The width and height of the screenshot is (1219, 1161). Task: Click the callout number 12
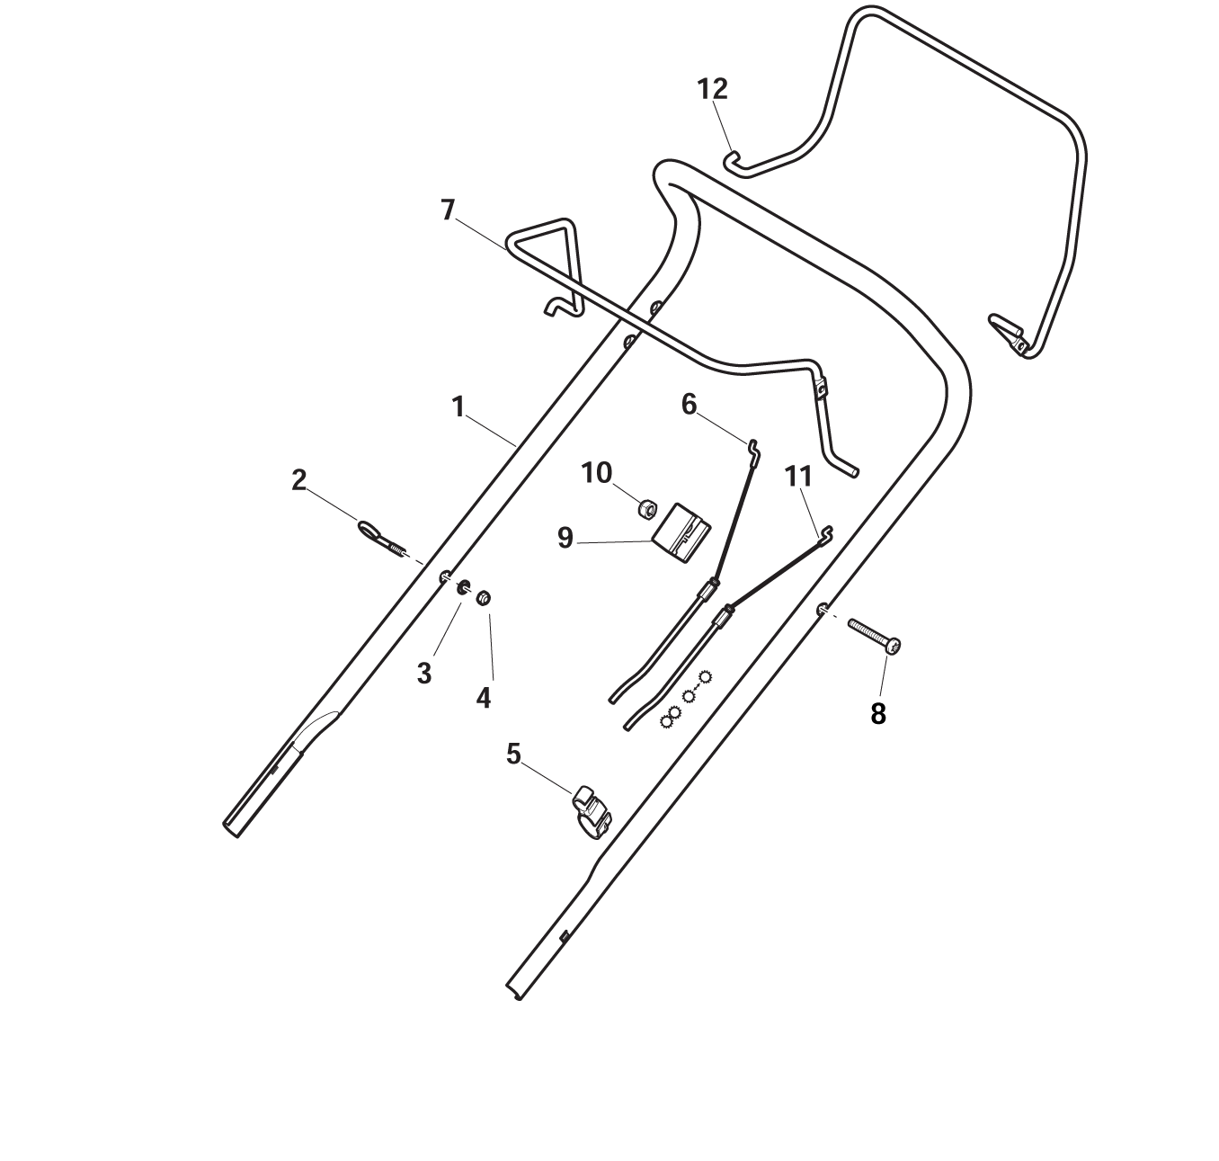pos(712,89)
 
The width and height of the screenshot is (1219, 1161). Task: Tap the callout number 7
pos(448,210)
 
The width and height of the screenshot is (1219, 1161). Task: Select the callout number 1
pos(458,407)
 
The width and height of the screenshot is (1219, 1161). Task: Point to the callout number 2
pos(298,480)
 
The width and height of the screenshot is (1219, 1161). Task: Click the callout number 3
pos(424,674)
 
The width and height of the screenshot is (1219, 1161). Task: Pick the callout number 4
pos(484,698)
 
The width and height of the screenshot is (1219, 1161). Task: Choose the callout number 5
pos(513,754)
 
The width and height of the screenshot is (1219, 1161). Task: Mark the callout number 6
pos(689,405)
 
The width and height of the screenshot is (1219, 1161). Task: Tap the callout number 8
pos(878,714)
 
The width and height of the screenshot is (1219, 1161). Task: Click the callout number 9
pos(565,538)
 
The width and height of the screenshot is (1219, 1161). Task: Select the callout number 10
pos(597,473)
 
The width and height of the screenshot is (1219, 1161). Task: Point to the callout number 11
pos(798,477)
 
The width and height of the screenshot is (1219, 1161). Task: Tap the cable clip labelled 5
pos(591,812)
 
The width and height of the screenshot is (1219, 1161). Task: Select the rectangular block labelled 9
pos(681,533)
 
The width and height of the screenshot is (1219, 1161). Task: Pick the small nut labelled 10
pos(647,508)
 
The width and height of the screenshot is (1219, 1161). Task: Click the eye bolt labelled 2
pos(382,538)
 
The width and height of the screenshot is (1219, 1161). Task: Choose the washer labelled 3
pos(463,587)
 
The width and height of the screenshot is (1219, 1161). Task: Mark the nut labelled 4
pos(484,598)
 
